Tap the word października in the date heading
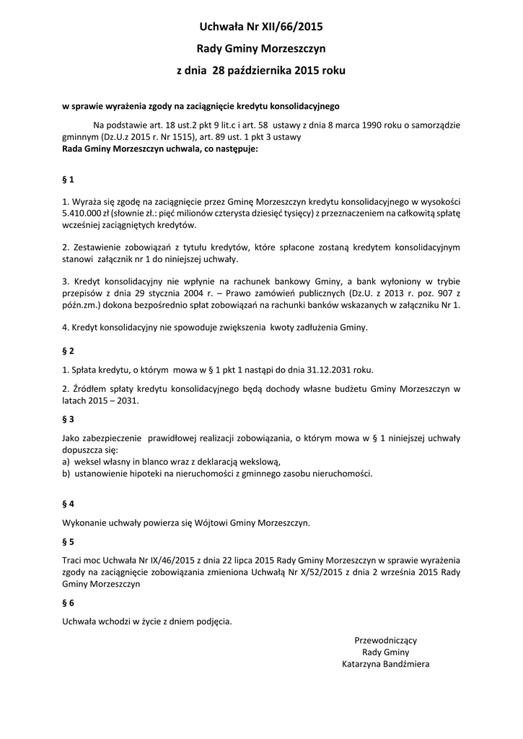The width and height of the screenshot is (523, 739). point(260,72)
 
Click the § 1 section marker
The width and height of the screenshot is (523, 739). point(69,178)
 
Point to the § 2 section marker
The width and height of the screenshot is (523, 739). point(69,351)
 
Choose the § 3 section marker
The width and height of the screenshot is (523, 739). point(69,419)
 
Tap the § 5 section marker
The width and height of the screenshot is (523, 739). point(69,541)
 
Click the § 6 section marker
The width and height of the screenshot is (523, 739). point(69,602)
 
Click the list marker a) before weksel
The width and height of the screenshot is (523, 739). point(66,462)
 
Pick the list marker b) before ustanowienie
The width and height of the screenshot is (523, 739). point(66,474)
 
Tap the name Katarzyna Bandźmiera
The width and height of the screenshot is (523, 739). point(385,664)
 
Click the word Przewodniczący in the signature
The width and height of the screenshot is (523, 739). point(385,640)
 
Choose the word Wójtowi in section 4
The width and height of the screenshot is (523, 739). point(205,522)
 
